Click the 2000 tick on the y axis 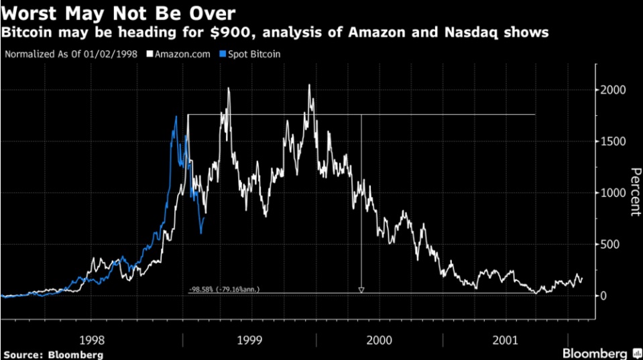[612, 91]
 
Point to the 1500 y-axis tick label [612, 141]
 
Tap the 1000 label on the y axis [612, 193]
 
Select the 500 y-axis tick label [615, 245]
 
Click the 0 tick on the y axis [605, 296]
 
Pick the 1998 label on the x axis [91, 340]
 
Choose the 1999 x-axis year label [249, 340]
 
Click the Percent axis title [632, 192]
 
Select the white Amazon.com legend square [151, 53]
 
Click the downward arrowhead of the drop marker [361, 290]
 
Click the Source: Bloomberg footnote [53, 354]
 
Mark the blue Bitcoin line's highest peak [176, 117]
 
